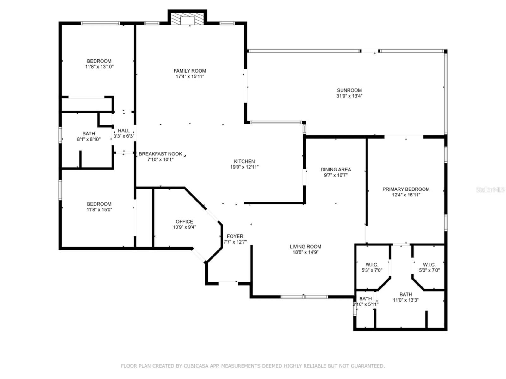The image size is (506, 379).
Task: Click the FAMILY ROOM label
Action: pyautogui.click(x=190, y=71)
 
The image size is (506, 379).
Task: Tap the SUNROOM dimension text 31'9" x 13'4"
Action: pyautogui.click(x=349, y=96)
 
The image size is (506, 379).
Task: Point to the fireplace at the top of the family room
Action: pyautogui.click(x=187, y=18)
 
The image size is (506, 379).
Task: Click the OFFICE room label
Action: pyautogui.click(x=184, y=221)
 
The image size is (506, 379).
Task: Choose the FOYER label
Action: pyautogui.click(x=235, y=236)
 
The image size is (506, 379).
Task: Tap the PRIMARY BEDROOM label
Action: pyautogui.click(x=406, y=189)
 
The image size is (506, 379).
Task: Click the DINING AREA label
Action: pyautogui.click(x=336, y=170)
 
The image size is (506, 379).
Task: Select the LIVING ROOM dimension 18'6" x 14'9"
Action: pyautogui.click(x=305, y=252)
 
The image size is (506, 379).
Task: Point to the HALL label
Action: pyautogui.click(x=124, y=130)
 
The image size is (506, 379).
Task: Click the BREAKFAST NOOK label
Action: pyautogui.click(x=160, y=154)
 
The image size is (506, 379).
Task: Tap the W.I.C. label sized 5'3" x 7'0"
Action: pyautogui.click(x=372, y=265)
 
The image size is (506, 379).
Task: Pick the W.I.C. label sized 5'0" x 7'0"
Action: pyautogui.click(x=429, y=265)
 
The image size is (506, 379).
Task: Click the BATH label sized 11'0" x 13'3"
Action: pyautogui.click(x=406, y=294)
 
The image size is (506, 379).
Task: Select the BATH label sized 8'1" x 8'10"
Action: pyautogui.click(x=89, y=134)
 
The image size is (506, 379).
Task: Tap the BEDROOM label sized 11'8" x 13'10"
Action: pyautogui.click(x=99, y=61)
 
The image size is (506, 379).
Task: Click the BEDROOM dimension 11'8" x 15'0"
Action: pyautogui.click(x=99, y=210)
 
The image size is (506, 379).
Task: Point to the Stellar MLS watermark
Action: pyautogui.click(x=490, y=189)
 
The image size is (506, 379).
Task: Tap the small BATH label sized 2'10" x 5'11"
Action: pyautogui.click(x=365, y=298)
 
